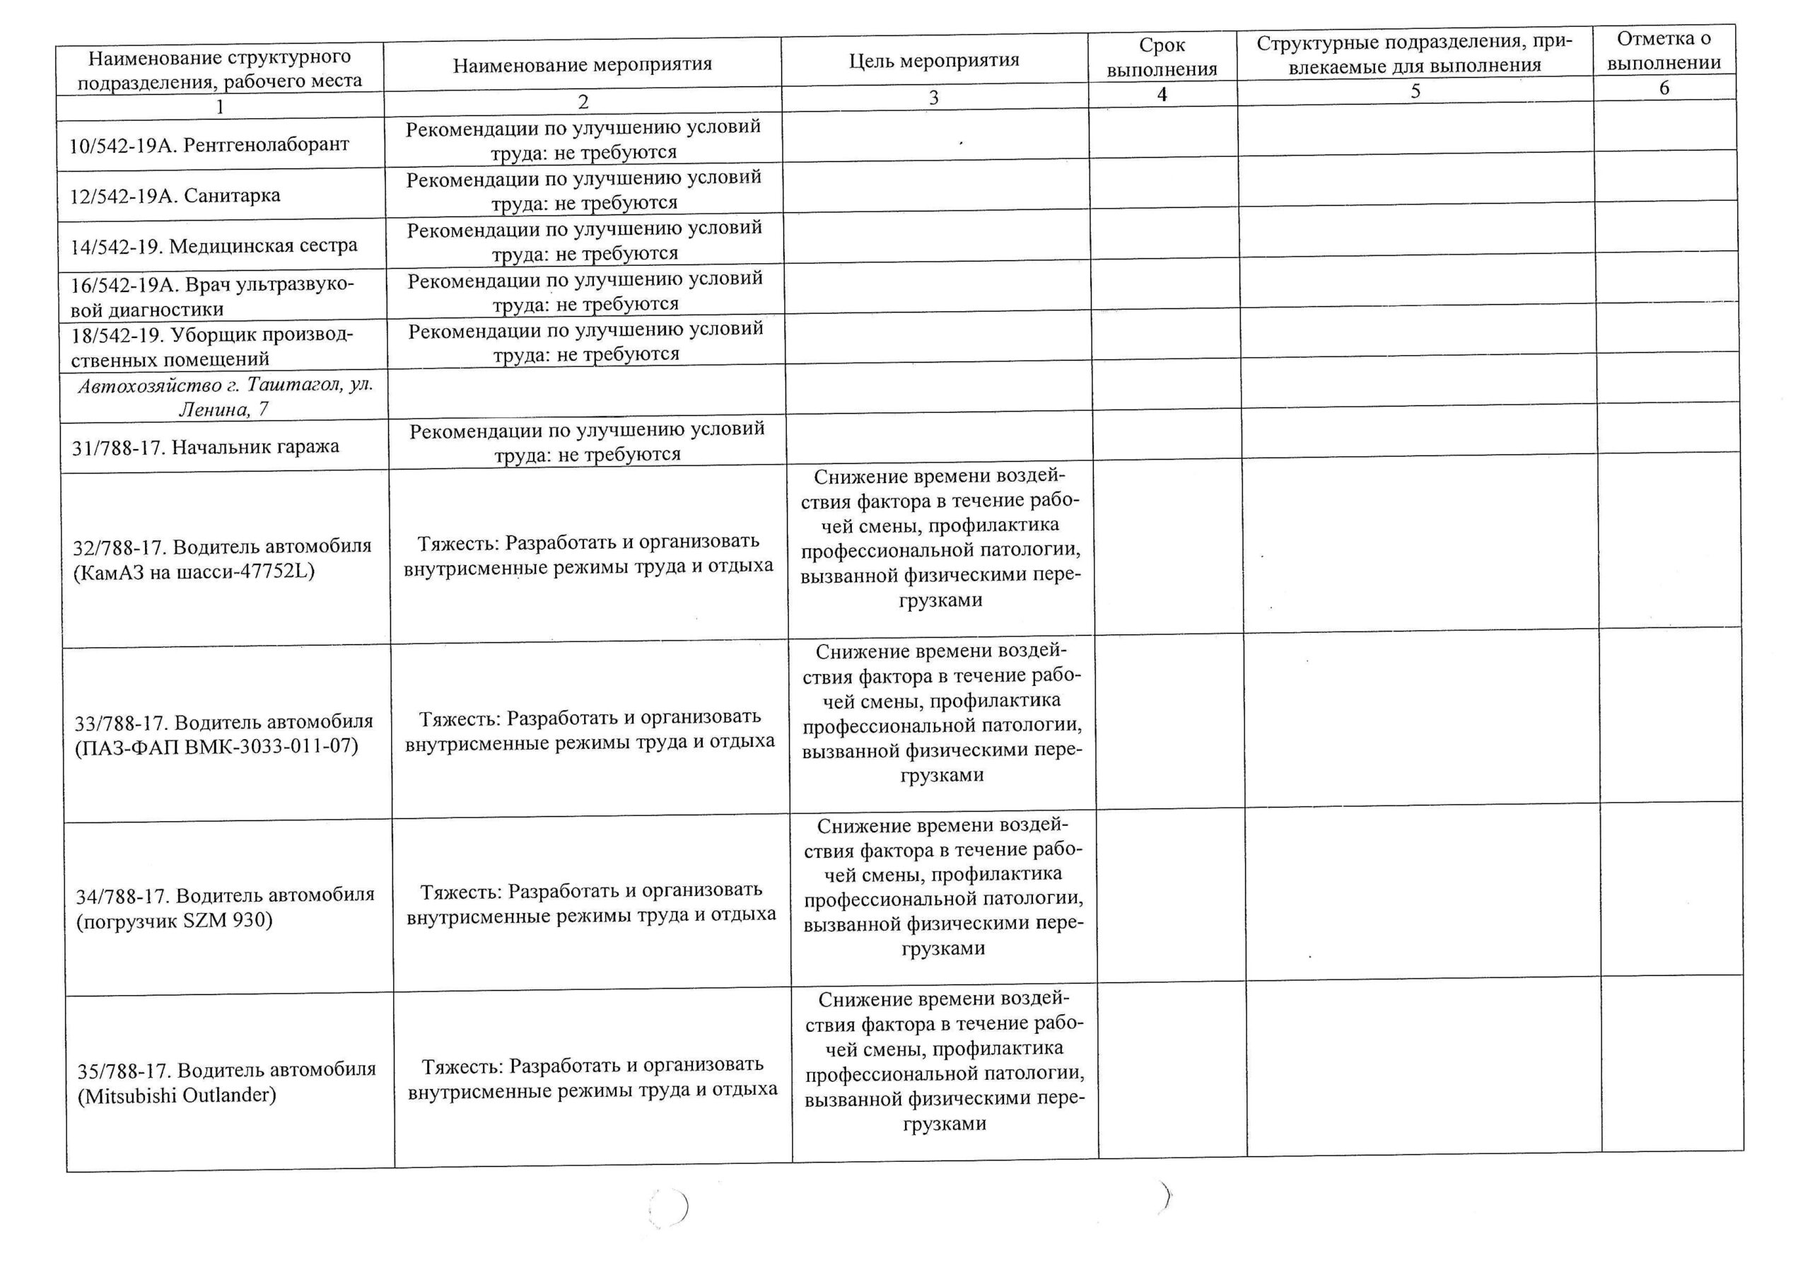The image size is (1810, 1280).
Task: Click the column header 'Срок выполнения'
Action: [1161, 57]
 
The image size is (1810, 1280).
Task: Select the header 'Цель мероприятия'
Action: [933, 61]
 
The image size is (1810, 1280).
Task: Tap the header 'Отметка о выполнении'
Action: [1664, 50]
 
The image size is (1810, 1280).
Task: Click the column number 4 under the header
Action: [1161, 95]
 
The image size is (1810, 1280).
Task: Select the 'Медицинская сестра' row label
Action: [214, 246]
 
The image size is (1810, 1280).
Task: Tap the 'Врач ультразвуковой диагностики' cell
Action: [213, 296]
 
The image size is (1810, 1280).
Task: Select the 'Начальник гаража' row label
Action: [206, 447]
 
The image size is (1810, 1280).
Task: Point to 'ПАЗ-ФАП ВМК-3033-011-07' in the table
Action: [217, 747]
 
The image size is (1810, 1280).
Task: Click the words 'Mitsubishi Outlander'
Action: [177, 1095]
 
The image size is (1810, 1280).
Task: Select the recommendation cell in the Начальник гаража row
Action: [588, 442]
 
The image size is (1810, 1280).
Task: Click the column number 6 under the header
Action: [1664, 88]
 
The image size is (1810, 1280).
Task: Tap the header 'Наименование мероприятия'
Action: [582, 64]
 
